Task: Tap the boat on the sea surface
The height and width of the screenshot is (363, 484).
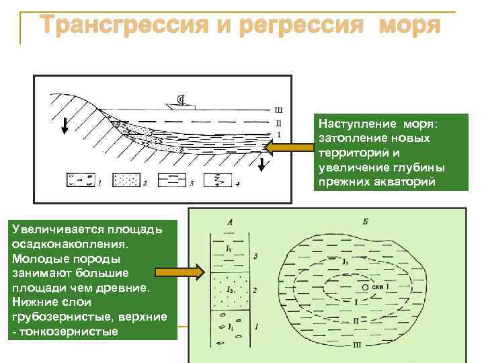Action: (x=180, y=103)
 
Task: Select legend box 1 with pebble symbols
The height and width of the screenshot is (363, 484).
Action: (x=80, y=180)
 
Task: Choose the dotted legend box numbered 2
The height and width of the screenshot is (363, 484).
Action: (x=125, y=180)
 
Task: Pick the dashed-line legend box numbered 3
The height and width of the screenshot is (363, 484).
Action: (x=171, y=180)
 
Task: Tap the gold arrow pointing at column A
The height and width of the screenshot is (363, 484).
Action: (x=178, y=272)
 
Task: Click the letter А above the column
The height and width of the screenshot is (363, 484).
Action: (x=231, y=221)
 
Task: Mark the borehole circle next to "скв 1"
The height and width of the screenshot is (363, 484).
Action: (x=365, y=287)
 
